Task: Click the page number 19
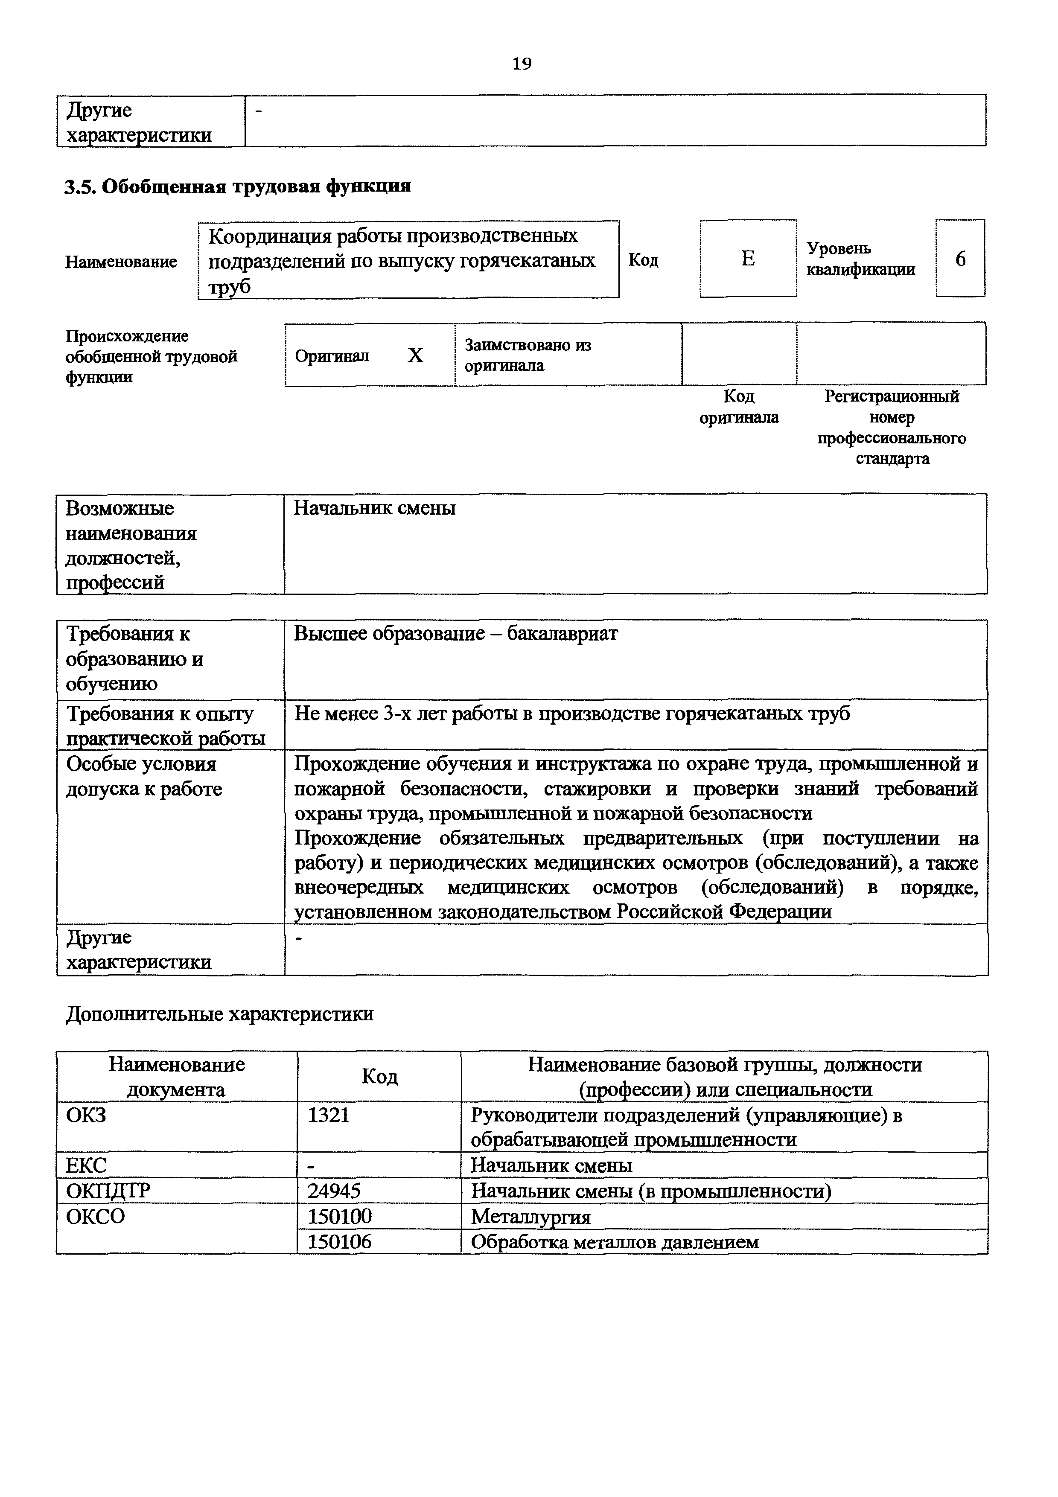(522, 64)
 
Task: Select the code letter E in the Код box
(748, 259)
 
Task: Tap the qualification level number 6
(960, 259)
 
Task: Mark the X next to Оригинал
(415, 355)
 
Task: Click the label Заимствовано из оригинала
(528, 355)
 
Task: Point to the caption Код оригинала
(739, 407)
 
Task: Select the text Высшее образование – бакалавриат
(456, 634)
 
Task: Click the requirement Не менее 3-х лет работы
(572, 714)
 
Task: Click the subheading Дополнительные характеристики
(220, 1014)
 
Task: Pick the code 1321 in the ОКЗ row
(329, 1115)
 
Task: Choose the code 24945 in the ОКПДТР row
(334, 1191)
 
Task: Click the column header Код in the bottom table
(379, 1077)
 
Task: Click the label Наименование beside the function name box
(121, 262)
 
